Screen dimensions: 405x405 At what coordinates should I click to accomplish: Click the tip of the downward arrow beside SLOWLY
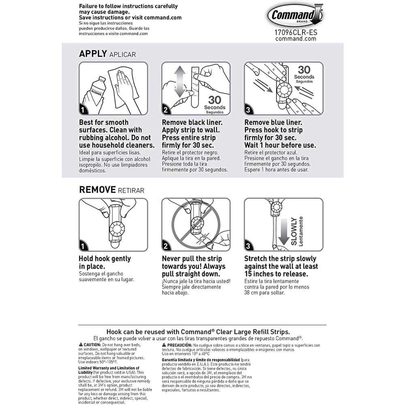click(x=283, y=245)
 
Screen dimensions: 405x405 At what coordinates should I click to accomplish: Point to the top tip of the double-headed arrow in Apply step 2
click(x=180, y=66)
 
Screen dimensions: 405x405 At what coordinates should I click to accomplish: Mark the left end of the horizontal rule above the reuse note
click(x=79, y=325)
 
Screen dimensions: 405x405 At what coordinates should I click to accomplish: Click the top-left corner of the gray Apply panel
click(x=62, y=43)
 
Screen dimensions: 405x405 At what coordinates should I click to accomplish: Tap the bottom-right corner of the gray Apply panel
click(x=343, y=177)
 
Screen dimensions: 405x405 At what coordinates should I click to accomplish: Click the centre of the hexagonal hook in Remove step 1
click(x=117, y=229)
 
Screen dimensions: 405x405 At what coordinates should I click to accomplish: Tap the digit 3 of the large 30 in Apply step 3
click(x=301, y=70)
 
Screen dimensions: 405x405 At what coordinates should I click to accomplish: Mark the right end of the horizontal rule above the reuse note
click(x=326, y=325)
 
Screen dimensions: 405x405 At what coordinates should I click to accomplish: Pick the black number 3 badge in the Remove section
click(x=248, y=246)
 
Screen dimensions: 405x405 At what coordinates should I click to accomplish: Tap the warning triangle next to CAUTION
click(x=81, y=345)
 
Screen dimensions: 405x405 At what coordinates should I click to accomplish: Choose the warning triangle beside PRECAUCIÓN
click(x=164, y=345)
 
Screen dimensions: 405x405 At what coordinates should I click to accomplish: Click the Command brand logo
click(x=295, y=15)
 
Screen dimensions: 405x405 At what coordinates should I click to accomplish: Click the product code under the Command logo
click(x=296, y=32)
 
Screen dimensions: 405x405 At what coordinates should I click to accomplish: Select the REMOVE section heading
click(x=97, y=190)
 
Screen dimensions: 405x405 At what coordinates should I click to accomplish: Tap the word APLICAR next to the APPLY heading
click(x=122, y=55)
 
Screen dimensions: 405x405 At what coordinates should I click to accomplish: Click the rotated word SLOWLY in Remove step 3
click(x=294, y=231)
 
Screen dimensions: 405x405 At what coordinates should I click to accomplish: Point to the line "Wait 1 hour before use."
click(x=280, y=145)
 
